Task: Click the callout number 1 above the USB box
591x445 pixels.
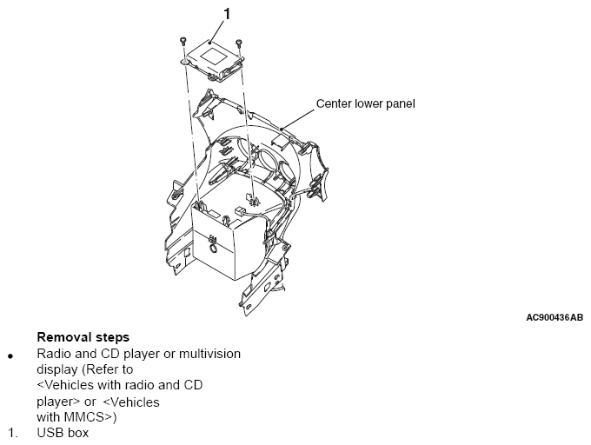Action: point(227,14)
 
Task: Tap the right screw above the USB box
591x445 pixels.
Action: point(239,43)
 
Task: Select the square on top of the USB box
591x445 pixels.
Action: point(213,56)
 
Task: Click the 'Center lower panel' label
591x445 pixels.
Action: point(365,104)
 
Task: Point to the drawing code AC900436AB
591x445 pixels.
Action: point(554,317)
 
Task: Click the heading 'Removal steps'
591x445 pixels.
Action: point(83,337)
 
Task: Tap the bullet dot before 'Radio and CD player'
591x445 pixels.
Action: point(10,356)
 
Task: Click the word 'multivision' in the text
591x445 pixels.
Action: point(209,354)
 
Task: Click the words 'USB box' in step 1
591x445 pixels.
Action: point(63,433)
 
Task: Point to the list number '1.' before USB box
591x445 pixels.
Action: point(13,434)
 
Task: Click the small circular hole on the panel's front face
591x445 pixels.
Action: point(212,249)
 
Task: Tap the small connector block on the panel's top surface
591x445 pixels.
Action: point(240,210)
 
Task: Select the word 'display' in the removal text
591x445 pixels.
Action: point(57,369)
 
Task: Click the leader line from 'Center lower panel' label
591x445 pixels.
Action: point(298,120)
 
